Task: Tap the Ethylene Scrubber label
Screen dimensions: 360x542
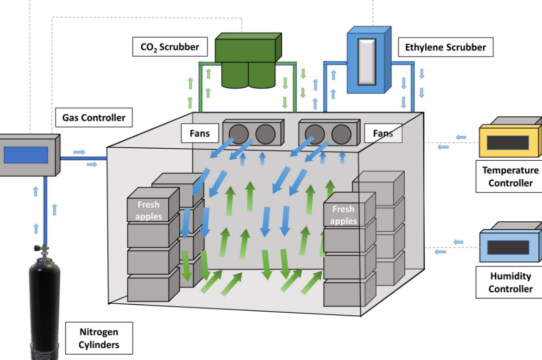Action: pyautogui.click(x=445, y=47)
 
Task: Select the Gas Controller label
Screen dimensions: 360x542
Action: pyautogui.click(x=94, y=117)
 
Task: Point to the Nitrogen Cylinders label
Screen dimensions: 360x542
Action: pyautogui.click(x=99, y=338)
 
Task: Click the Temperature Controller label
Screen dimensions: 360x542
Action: pyautogui.click(x=509, y=177)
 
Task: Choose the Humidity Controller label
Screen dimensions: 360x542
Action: pyautogui.click(x=509, y=282)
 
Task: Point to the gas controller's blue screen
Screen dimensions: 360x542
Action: pyautogui.click(x=26, y=155)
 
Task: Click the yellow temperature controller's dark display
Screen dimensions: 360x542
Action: pyautogui.click(x=507, y=142)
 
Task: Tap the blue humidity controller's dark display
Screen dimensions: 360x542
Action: pyautogui.click(x=507, y=248)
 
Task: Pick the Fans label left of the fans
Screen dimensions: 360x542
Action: pyautogui.click(x=200, y=133)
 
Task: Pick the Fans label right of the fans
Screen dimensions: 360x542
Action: pyautogui.click(x=383, y=133)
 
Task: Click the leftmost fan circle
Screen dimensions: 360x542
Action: pyautogui.click(x=239, y=135)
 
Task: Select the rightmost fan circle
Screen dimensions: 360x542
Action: pyautogui.click(x=341, y=135)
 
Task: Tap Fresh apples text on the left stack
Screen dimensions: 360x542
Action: pyautogui.click(x=149, y=210)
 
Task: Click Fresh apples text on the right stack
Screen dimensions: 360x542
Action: pyautogui.click(x=343, y=215)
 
